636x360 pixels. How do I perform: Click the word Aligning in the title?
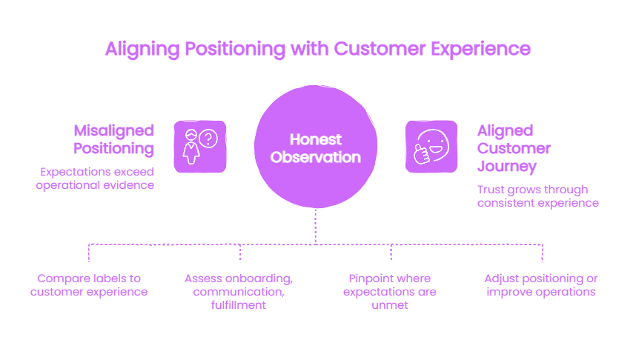point(142,50)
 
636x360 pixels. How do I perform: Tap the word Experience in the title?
point(480,49)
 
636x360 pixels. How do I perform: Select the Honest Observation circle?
point(316,147)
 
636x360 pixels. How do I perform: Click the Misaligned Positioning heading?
point(113,139)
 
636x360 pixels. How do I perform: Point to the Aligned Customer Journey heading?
point(514,148)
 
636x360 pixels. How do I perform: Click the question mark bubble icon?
point(208,139)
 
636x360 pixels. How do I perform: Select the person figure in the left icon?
point(191,147)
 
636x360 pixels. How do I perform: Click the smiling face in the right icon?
point(434,144)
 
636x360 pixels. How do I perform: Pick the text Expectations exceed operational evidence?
point(95,179)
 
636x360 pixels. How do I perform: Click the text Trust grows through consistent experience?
point(538,196)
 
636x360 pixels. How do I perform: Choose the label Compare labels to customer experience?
point(89,285)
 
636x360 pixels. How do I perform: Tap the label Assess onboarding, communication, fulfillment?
point(239,292)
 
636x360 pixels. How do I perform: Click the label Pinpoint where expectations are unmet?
point(390,292)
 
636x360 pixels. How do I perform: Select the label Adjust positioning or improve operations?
point(541,285)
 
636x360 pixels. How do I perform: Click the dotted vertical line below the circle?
point(316,226)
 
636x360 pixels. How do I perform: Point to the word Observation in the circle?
point(316,157)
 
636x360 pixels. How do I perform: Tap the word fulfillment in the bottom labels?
point(239,305)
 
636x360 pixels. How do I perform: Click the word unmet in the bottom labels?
point(390,305)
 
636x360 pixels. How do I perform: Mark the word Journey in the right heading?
point(507,167)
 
